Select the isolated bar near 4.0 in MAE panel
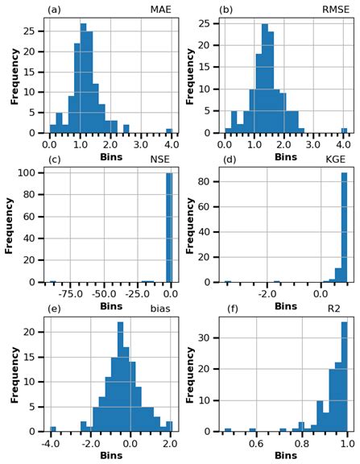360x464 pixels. click(x=169, y=130)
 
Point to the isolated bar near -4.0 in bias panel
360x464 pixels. click(x=53, y=428)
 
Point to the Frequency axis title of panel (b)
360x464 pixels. click(x=190, y=77)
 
